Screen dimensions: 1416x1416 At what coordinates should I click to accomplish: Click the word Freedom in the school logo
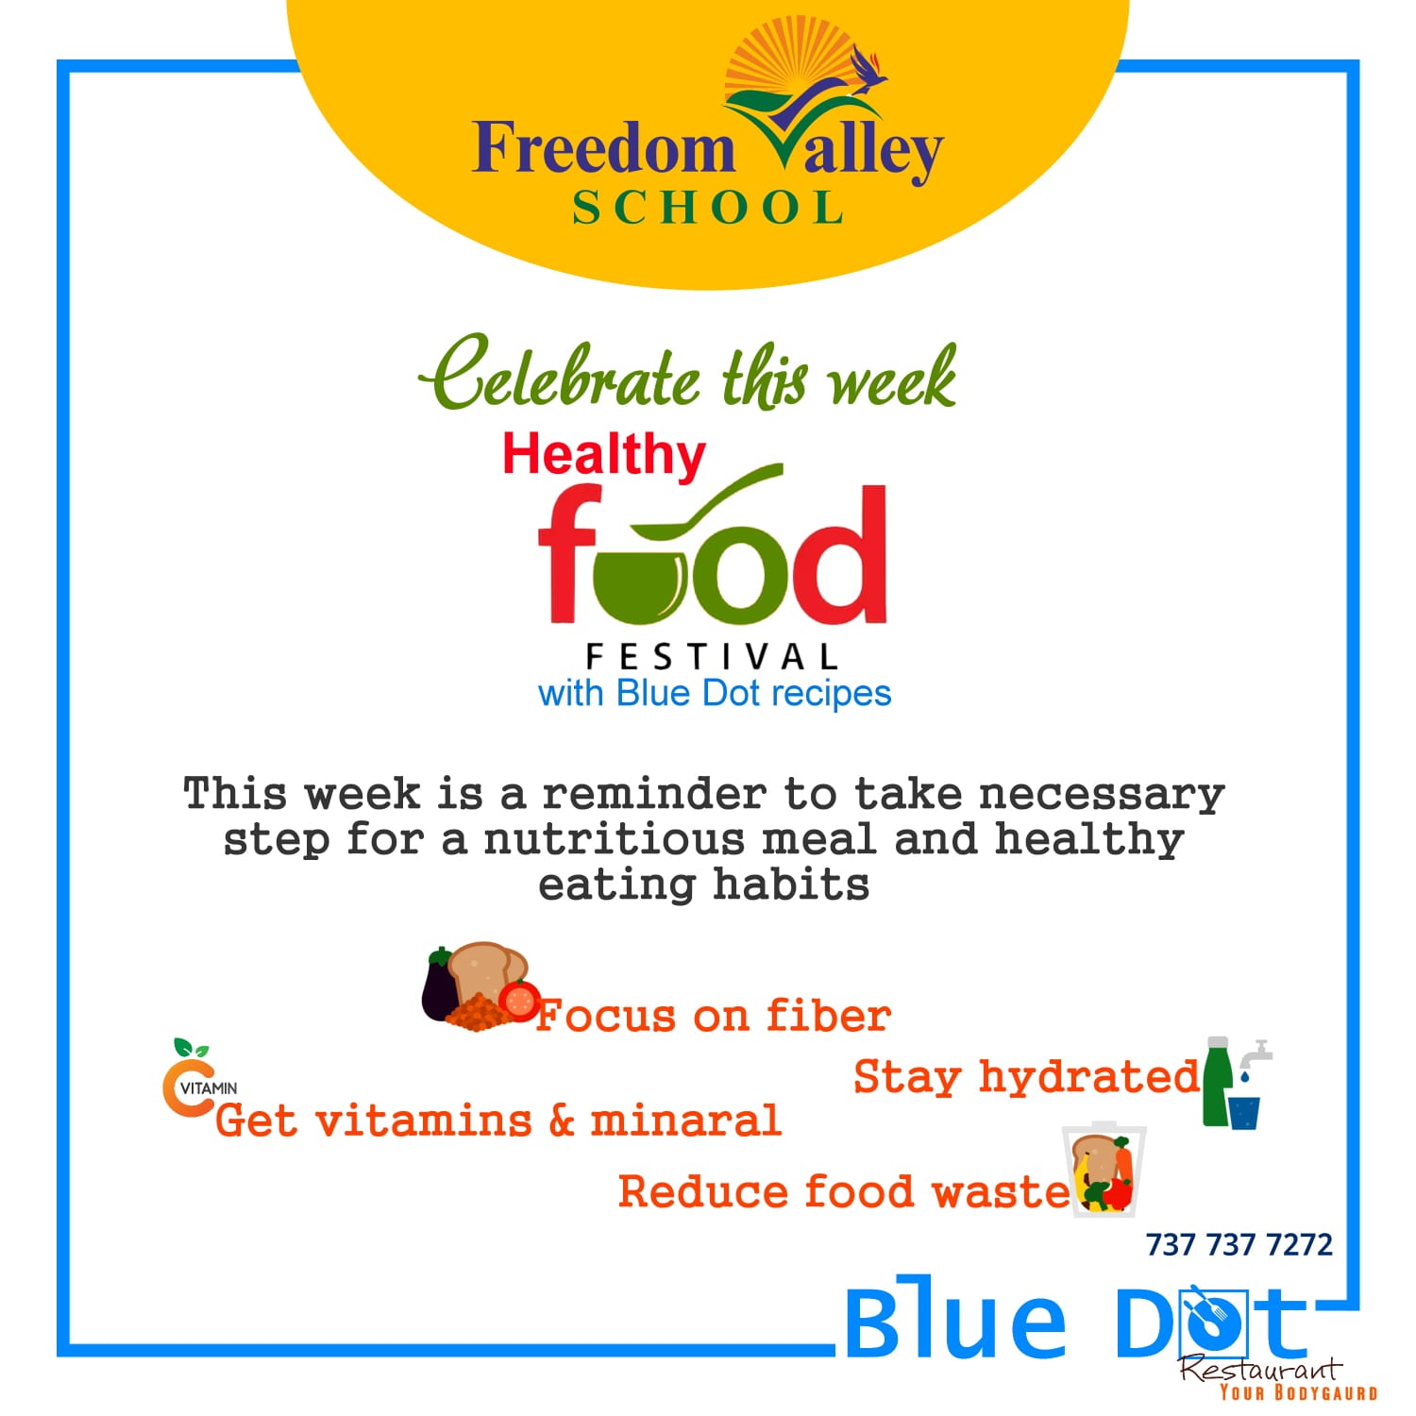point(603,148)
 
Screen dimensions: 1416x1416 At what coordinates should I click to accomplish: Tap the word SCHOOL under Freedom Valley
point(708,209)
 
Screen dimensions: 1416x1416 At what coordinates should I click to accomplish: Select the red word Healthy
point(604,456)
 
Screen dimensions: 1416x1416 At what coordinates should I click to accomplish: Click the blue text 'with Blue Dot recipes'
point(715,694)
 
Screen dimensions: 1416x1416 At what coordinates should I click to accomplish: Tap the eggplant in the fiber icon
point(439,985)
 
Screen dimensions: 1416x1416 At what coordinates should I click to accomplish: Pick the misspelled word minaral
point(686,1121)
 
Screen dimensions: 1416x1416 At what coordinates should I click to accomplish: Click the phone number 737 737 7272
point(1239,1245)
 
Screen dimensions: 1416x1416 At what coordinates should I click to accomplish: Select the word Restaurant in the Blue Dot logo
point(1260,1368)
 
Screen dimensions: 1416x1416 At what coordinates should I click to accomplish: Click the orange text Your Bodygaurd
point(1298,1392)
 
